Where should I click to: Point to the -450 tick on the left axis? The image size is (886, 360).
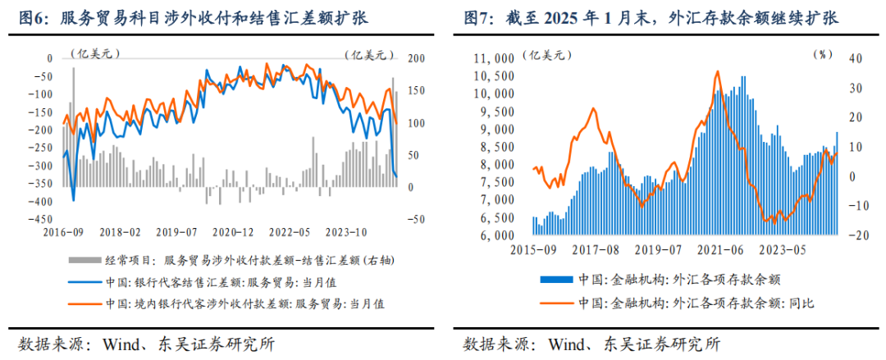point(38,219)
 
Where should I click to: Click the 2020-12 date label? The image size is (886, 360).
point(238,232)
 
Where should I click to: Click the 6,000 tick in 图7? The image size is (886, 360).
point(496,236)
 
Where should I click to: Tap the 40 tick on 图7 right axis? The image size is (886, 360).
point(852,59)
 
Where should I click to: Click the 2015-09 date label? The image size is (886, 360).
point(533,248)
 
